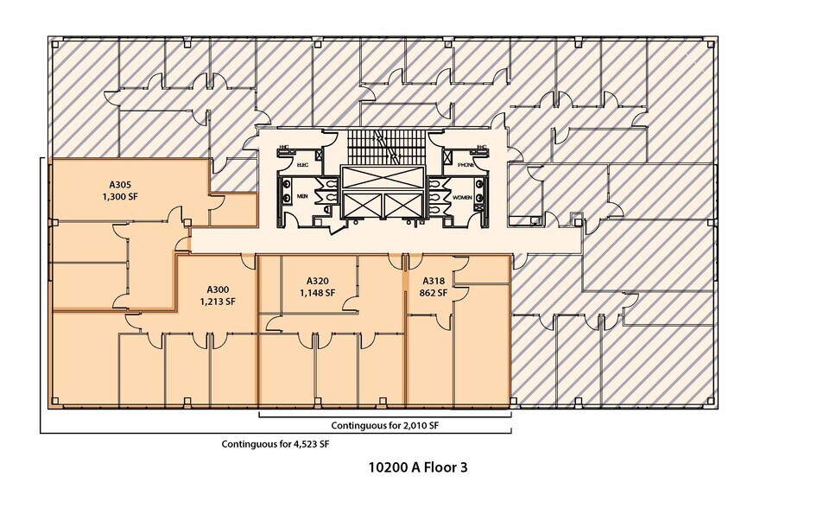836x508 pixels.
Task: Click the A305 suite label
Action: click(120, 183)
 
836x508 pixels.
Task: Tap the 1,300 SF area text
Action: click(120, 196)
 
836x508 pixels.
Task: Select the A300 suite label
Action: click(217, 289)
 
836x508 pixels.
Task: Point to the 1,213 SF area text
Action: click(217, 302)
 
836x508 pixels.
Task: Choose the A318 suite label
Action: click(434, 281)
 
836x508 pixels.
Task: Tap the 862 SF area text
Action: click(434, 293)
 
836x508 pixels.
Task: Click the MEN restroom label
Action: click(302, 196)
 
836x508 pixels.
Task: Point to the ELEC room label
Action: click(302, 163)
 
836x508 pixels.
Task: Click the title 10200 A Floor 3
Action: click(418, 467)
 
